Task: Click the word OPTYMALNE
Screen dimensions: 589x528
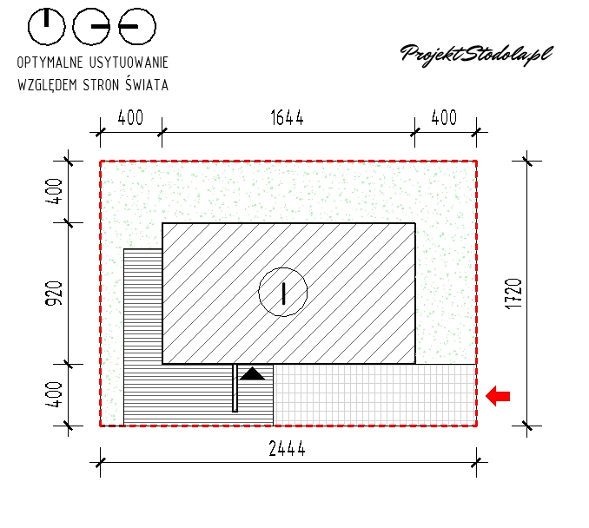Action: pyautogui.click(x=50, y=63)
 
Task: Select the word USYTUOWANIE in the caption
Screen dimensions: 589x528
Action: pyautogui.click(x=129, y=63)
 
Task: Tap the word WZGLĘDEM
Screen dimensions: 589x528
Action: pyautogui.click(x=47, y=84)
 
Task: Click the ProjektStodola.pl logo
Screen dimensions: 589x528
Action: pyautogui.click(x=477, y=56)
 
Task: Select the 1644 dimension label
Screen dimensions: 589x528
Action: pyautogui.click(x=287, y=118)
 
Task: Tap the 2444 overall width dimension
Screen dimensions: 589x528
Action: pyautogui.click(x=287, y=448)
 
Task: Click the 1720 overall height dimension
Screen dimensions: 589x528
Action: pyautogui.click(x=514, y=294)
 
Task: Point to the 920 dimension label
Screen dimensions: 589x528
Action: pyautogui.click(x=54, y=294)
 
